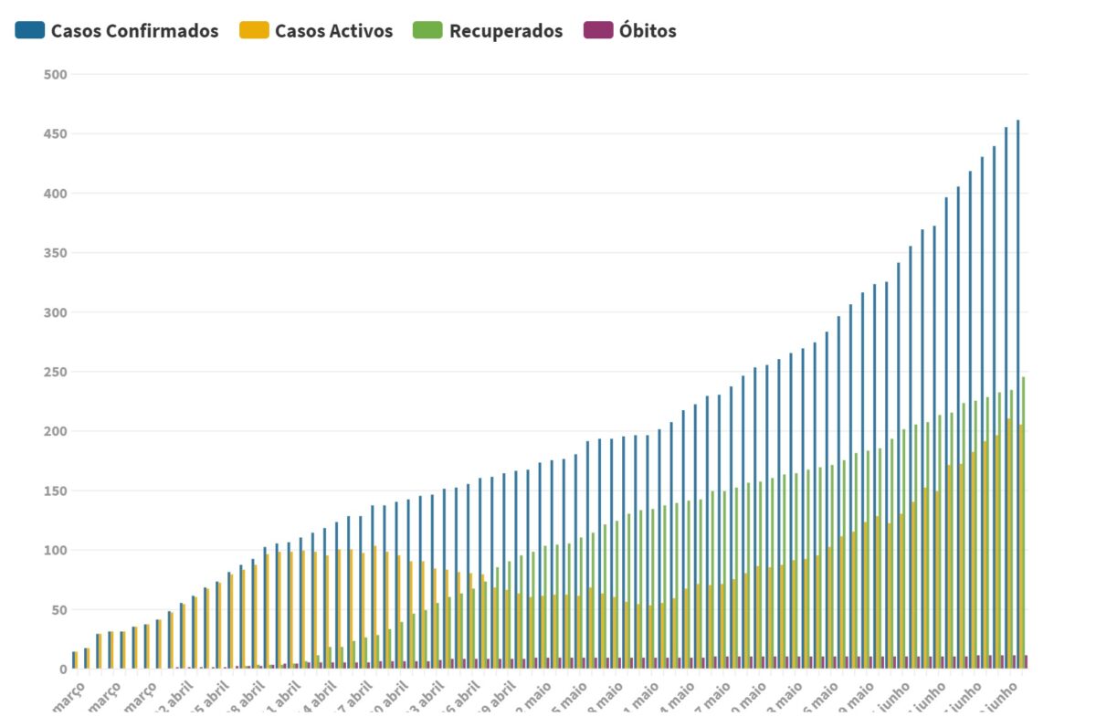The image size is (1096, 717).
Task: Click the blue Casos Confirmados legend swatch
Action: (29, 30)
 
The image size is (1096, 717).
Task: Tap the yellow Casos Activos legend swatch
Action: (254, 30)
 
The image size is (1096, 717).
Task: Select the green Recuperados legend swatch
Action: (427, 30)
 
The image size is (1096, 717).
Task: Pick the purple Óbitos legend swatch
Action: (597, 30)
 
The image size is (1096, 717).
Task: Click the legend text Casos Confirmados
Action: (134, 31)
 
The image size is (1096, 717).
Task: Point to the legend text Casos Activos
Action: (333, 31)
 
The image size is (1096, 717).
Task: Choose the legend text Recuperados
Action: (505, 31)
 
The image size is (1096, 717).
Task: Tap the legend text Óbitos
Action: (648, 31)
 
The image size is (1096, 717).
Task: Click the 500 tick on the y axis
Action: (55, 74)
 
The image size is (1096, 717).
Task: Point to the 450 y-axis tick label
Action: (55, 134)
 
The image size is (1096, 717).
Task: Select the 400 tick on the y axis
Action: (55, 194)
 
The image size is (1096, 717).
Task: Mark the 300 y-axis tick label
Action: (55, 312)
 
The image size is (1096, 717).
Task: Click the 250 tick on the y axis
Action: (55, 372)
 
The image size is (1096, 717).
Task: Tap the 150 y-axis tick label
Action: (55, 491)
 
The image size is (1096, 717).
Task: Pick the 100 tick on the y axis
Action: (55, 551)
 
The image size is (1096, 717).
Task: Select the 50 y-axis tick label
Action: (58, 610)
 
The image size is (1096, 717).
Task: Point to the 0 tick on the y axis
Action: (62, 670)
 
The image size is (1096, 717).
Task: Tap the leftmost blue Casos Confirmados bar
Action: (73, 660)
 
